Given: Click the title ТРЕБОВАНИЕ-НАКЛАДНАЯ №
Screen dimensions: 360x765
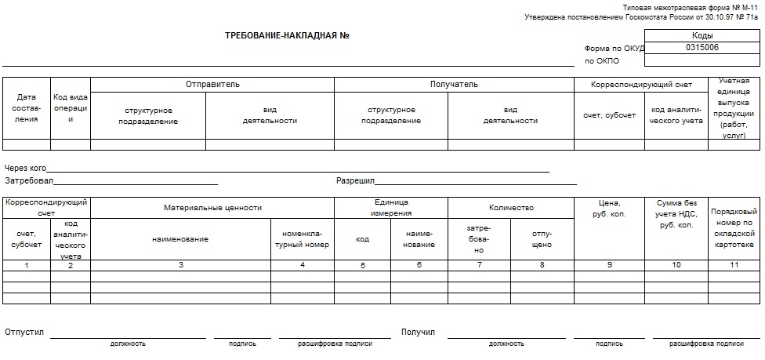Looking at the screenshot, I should (286, 35).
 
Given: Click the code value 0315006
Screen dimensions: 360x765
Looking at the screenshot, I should (702, 47).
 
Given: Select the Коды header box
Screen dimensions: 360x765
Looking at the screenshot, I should (702, 36).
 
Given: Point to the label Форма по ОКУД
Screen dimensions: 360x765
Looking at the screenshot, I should (614, 48).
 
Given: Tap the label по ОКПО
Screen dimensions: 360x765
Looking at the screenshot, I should (601, 60).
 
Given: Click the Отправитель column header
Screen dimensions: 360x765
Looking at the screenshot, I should (212, 84).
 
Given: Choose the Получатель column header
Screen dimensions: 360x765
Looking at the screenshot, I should (454, 84).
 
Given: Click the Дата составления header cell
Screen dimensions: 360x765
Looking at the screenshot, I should (27, 108).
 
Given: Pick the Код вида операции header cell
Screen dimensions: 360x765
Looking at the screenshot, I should (71, 108).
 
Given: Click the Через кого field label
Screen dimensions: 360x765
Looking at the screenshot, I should (26, 168).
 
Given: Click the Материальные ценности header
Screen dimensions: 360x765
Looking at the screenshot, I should (212, 208).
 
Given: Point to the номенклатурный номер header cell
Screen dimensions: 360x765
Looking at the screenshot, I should (303, 239).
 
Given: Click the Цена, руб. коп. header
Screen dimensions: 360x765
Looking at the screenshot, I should (609, 209).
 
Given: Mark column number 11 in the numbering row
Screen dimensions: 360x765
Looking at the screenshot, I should (734, 265).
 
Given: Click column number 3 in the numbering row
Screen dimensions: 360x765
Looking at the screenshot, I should (181, 265).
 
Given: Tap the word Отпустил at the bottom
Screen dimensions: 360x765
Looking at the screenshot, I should (24, 333).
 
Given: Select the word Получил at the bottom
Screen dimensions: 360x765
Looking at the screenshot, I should (418, 333).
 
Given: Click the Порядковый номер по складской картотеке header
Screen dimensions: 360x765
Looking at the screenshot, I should (734, 228).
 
